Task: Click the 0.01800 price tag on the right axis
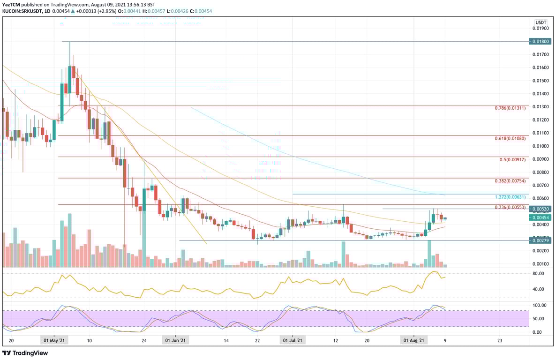coord(541,41)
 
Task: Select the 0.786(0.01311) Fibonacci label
coord(510,108)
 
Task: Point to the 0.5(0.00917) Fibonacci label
coord(512,159)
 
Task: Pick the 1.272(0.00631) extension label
coord(510,197)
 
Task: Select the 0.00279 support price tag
coord(541,240)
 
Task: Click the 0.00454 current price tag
coord(541,218)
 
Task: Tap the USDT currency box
coord(541,22)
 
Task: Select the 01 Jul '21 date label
coord(293,340)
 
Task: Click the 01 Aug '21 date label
coord(414,340)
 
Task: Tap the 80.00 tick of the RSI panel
coord(538,273)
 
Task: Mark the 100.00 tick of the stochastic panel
coord(539,305)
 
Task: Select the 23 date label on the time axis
coord(499,340)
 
